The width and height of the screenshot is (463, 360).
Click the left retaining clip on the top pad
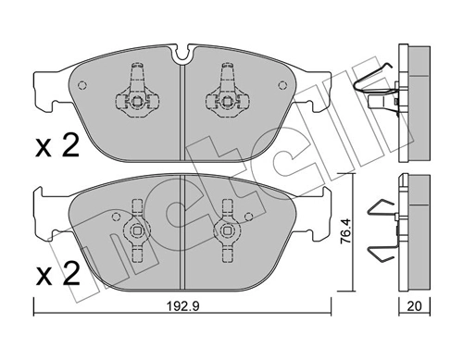coord(136,93)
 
